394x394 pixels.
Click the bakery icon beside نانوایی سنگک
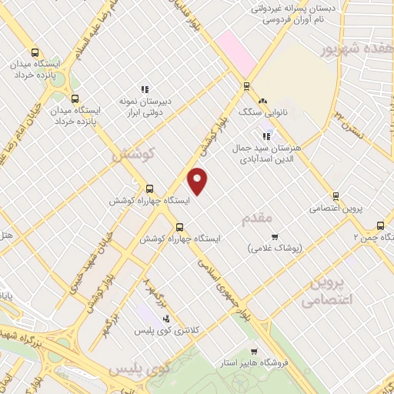[263, 101]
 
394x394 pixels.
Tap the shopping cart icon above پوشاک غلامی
[275, 236]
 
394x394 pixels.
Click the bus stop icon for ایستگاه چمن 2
[380, 225]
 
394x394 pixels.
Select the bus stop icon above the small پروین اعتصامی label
[335, 196]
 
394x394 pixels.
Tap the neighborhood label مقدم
[257, 219]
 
